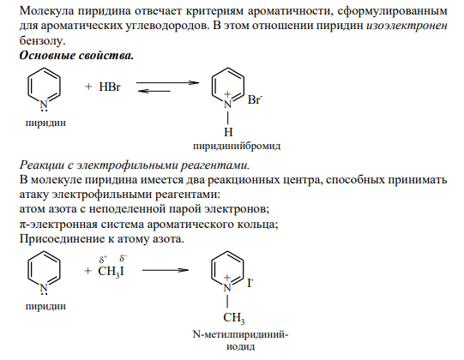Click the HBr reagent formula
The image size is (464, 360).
click(110, 87)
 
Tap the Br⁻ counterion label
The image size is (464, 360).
click(255, 99)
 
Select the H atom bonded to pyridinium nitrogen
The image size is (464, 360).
click(228, 132)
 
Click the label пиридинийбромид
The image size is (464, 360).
click(237, 146)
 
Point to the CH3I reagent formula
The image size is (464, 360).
click(111, 271)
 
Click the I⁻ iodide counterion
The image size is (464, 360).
click(250, 283)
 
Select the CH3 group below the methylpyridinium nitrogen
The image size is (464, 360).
click(234, 318)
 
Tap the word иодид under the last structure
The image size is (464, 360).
click(241, 346)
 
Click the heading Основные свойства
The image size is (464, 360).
click(76, 56)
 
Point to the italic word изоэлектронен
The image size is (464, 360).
click(407, 26)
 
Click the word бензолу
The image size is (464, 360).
click(42, 40)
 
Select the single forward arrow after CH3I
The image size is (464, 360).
click(166, 270)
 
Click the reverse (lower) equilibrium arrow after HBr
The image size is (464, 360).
click(154, 91)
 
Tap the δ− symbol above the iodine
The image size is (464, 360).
click(124, 258)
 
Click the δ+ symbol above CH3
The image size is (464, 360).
click(103, 260)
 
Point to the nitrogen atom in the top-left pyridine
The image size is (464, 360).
click(44, 105)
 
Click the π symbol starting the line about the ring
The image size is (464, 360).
click(23, 225)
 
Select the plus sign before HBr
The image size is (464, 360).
click(88, 87)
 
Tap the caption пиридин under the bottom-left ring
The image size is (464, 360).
click(45, 306)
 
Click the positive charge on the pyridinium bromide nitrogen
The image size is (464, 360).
click(227, 94)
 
